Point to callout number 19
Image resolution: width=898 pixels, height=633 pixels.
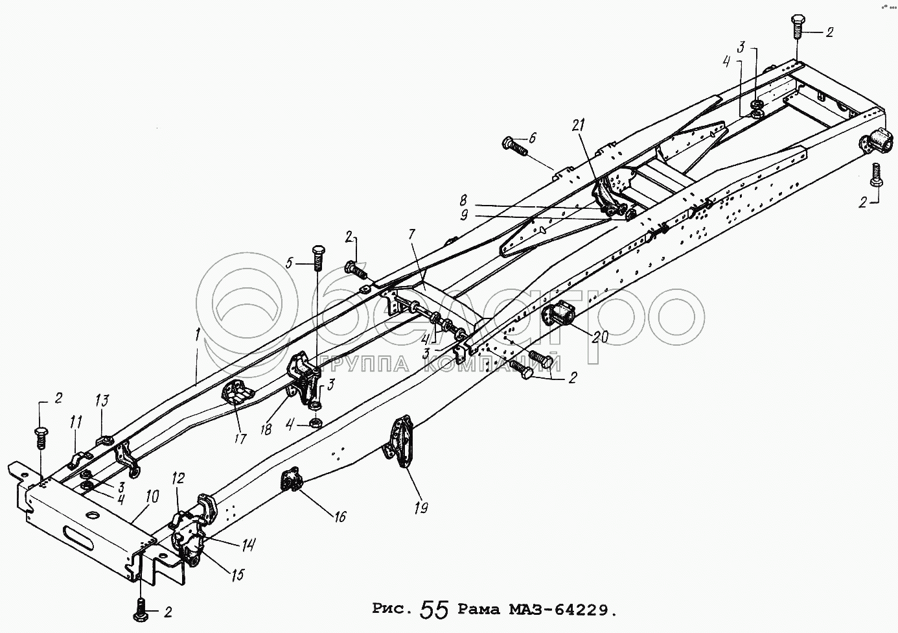tap(421, 508)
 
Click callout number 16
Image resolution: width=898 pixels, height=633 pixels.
tap(340, 516)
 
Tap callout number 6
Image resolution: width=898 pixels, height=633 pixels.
tap(533, 137)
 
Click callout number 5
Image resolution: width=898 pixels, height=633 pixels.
tap(290, 263)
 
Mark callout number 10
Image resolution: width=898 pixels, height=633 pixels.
tap(152, 498)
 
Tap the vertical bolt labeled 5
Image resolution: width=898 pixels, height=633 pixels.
tap(318, 258)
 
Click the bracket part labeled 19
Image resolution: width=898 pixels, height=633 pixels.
tap(398, 441)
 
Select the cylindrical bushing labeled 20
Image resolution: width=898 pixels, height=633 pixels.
tap(560, 315)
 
